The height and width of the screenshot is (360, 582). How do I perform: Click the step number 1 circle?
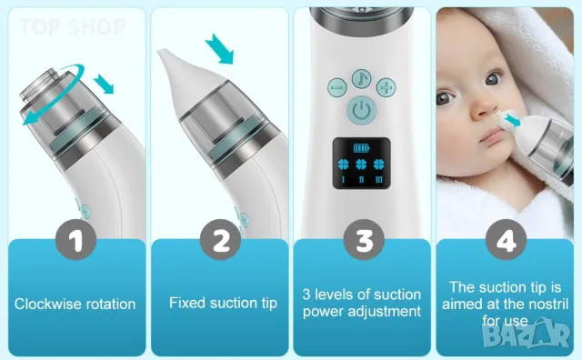point(75,242)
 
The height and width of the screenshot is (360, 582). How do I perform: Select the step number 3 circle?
point(362,242)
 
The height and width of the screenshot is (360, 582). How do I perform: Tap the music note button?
point(362,77)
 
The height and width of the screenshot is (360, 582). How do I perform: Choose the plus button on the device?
point(387,87)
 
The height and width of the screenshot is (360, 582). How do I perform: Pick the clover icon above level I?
point(342,166)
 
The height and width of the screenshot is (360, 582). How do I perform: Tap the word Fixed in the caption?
point(186,303)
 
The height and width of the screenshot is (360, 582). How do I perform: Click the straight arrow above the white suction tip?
point(219,46)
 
